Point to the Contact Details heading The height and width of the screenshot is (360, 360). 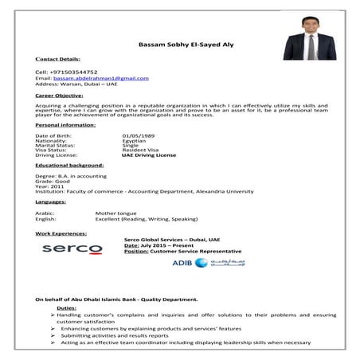[x=58, y=59]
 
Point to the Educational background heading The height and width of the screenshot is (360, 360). [x=71, y=166]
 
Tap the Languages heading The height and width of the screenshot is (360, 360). [x=51, y=202]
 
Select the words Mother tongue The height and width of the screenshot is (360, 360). [x=116, y=213]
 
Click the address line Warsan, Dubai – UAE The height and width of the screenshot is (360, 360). [x=93, y=84]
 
